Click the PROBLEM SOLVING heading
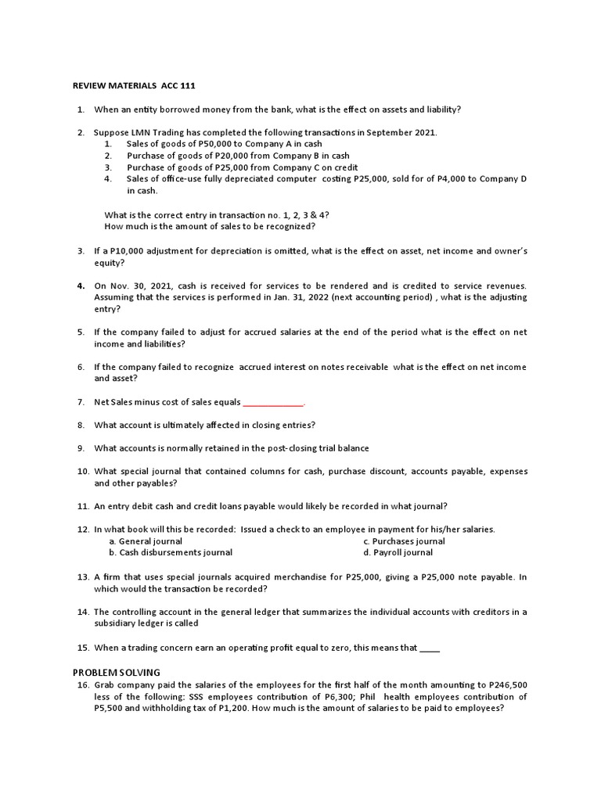click(x=117, y=672)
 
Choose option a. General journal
click(x=146, y=541)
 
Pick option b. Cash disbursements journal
click(x=171, y=552)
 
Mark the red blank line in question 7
click(x=272, y=403)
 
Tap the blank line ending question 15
click(x=430, y=648)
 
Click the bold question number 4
click(x=81, y=286)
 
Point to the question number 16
click(x=82, y=685)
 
